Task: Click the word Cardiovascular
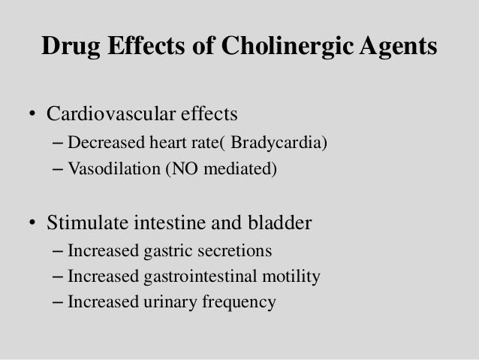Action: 110,115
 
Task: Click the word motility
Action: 290,277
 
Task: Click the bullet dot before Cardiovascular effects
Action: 32,116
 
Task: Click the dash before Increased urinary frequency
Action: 59,304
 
